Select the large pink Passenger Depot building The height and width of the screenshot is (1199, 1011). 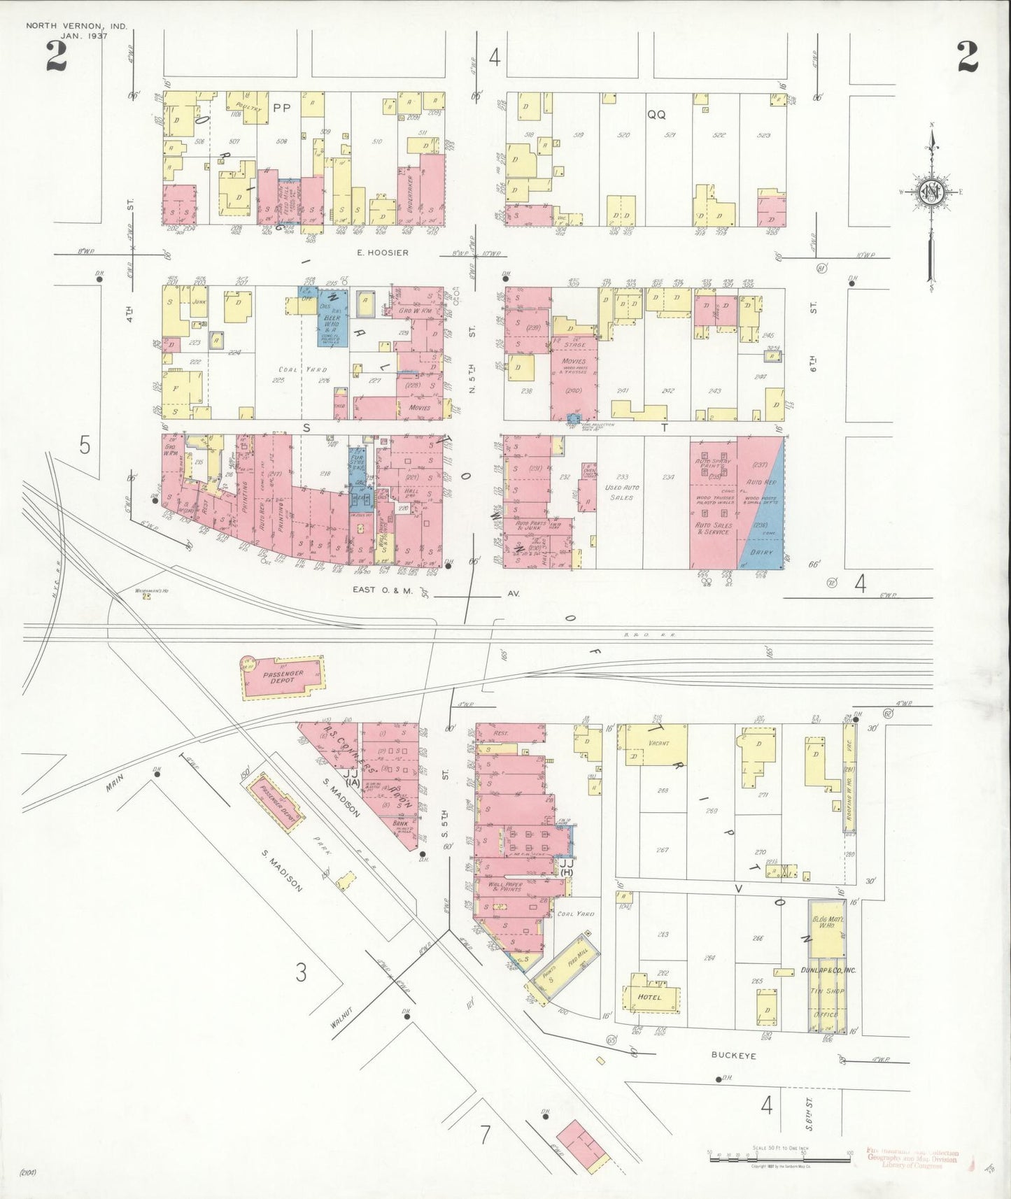click(283, 677)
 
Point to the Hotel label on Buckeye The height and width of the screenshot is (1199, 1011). click(649, 997)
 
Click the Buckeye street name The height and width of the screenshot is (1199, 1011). click(733, 1055)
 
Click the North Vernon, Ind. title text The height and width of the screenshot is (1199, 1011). click(77, 26)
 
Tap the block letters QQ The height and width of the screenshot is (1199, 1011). click(656, 115)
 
